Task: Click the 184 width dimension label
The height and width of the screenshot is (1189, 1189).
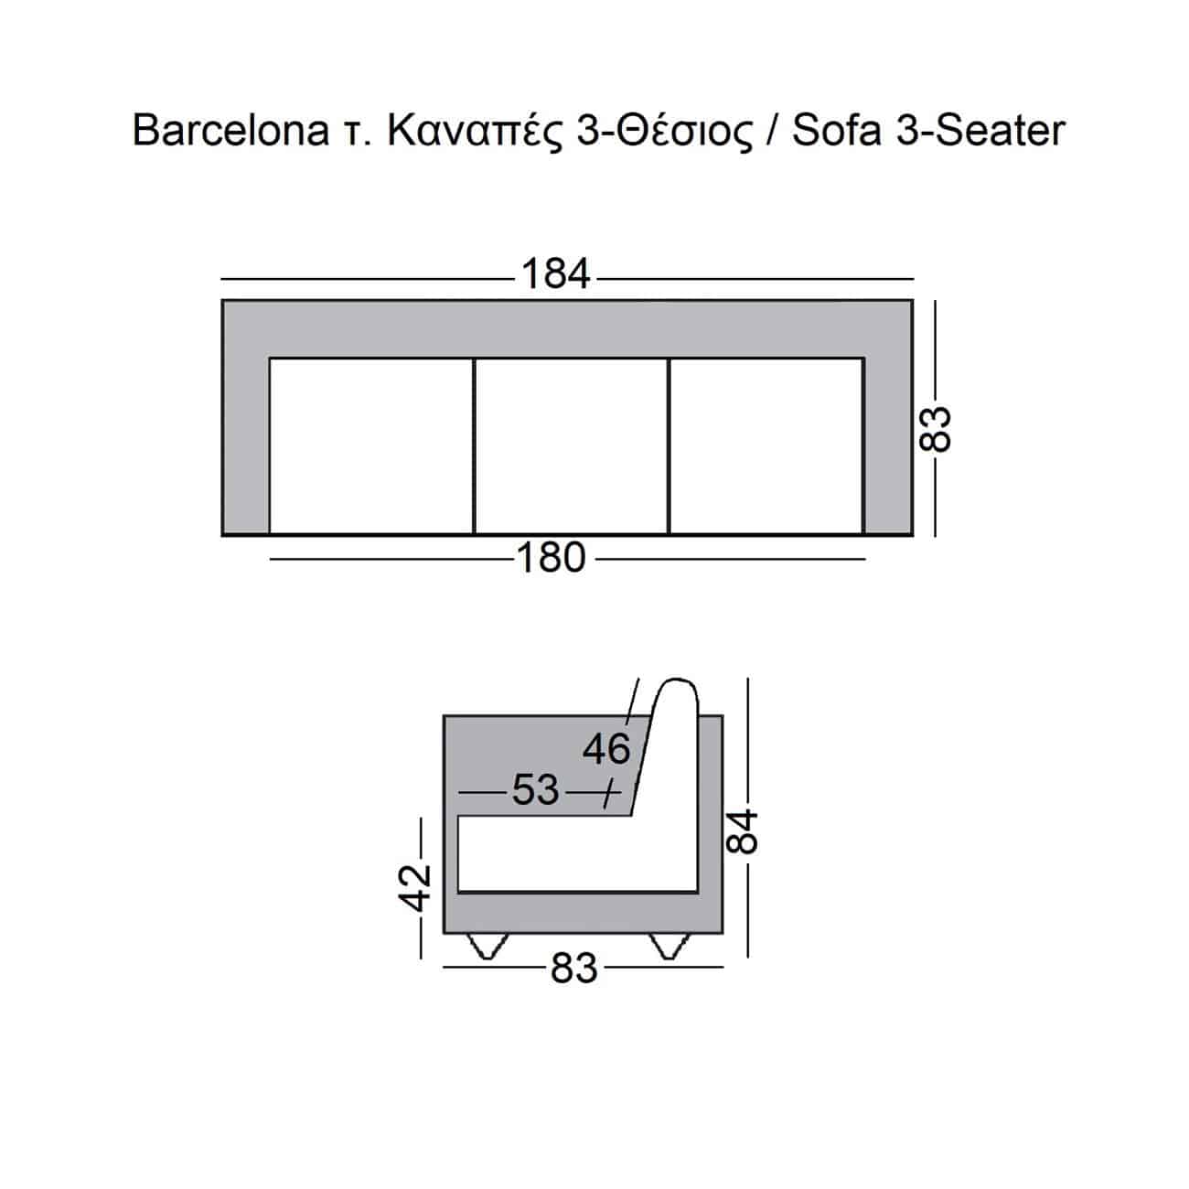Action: click(x=555, y=273)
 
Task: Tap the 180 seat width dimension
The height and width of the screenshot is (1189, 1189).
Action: click(x=551, y=558)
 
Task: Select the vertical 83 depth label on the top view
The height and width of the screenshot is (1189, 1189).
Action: click(x=935, y=430)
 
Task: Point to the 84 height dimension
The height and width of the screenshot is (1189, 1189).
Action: click(x=741, y=831)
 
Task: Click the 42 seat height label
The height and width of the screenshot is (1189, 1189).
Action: click(x=414, y=888)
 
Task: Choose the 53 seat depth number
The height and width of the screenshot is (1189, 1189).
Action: click(x=536, y=790)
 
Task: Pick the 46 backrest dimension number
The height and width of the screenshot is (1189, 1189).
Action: click(x=606, y=749)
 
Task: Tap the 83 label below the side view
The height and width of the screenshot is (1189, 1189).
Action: click(x=573, y=968)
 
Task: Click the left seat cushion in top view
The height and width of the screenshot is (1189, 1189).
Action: click(x=371, y=445)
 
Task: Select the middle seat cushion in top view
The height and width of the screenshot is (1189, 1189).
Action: click(x=572, y=445)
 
